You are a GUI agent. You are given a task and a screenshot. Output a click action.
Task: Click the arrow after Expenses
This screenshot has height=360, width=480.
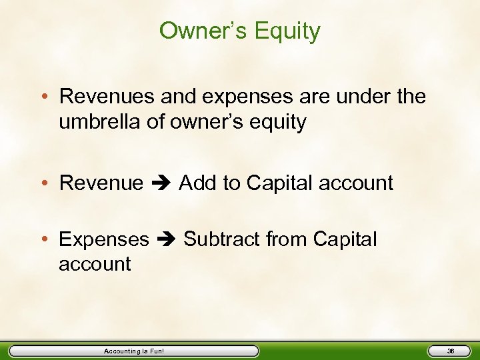tap(167, 239)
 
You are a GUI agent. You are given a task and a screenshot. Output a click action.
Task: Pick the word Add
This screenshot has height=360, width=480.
tap(198, 183)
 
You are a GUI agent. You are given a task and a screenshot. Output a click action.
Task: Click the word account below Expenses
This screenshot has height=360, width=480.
tap(95, 264)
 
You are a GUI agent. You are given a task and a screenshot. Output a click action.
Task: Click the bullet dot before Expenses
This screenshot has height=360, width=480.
tap(49, 239)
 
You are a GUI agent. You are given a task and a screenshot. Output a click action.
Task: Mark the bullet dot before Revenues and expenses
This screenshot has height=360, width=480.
tap(49, 97)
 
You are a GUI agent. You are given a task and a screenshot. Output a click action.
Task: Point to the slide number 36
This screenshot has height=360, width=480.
tap(450, 351)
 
